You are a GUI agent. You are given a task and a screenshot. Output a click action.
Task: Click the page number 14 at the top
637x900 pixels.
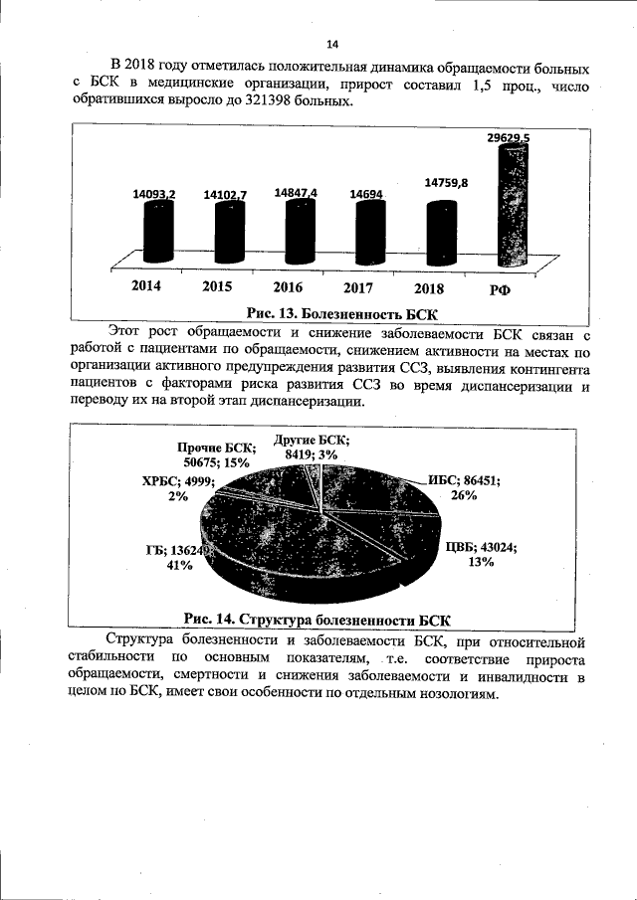(x=332, y=44)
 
